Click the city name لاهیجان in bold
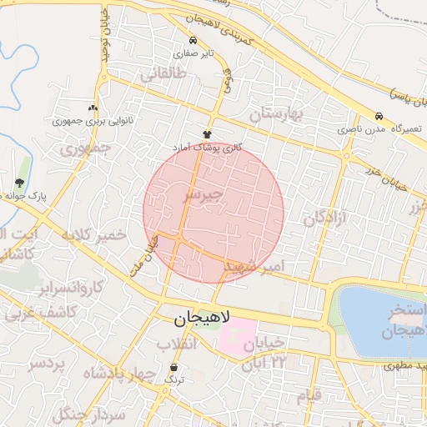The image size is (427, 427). tap(205, 319)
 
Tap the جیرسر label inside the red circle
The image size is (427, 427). tap(203, 195)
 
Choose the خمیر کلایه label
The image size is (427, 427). tap(93, 235)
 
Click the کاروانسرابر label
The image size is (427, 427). tap(71, 289)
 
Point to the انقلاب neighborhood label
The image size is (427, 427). tap(175, 344)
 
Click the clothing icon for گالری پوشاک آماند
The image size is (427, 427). tap(207, 134)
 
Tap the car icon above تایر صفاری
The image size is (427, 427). tap(193, 40)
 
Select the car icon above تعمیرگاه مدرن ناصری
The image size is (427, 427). tap(379, 117)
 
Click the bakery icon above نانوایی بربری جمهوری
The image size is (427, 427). tap(93, 108)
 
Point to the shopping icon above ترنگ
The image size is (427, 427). tap(174, 367)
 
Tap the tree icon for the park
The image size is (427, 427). tap(19, 183)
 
